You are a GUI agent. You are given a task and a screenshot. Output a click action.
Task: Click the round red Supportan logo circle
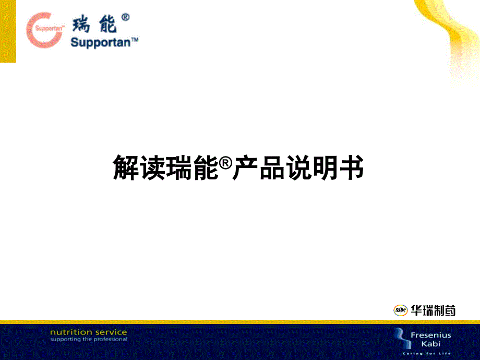46,29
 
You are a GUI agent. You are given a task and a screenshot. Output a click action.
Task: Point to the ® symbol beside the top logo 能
125,18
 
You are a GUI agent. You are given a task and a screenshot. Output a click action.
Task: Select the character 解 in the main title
126,167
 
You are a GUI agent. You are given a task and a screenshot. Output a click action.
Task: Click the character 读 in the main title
152,167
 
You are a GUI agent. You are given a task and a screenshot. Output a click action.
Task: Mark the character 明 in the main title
324,167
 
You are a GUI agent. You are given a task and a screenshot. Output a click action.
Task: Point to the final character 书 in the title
350,167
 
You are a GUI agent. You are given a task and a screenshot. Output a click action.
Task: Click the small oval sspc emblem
400,310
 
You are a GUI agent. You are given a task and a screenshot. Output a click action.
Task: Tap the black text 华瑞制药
433,310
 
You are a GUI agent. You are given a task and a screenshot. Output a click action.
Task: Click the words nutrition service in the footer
88,332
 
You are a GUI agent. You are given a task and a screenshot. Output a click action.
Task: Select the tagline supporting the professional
88,339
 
